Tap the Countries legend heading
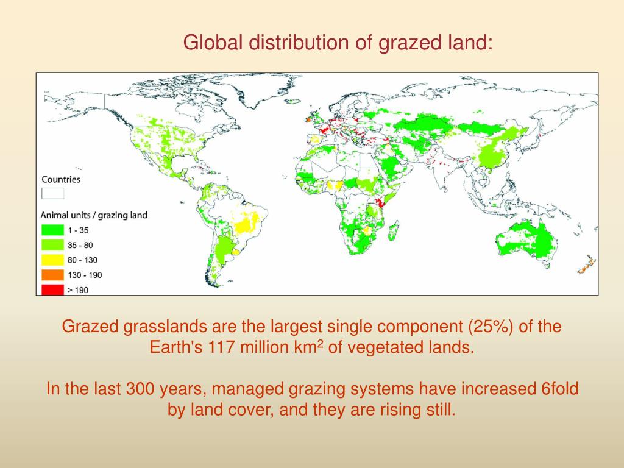[60, 179]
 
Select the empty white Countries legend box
[52, 193]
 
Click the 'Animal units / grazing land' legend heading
[94, 214]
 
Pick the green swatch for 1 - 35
[52, 230]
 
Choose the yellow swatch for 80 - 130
[52, 260]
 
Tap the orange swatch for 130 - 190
[52, 275]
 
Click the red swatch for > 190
[52, 289]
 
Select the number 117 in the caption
[222, 348]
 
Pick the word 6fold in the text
[556, 389]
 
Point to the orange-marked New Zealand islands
[586, 265]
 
